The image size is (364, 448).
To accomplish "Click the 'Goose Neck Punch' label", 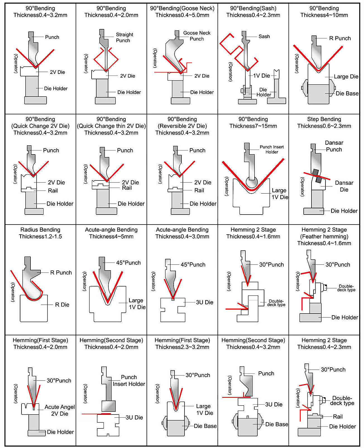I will click(197, 36).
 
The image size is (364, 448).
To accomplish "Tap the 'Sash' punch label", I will click(264, 37).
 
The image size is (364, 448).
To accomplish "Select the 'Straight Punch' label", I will click(124, 37).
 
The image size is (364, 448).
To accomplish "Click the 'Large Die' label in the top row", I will click(346, 77).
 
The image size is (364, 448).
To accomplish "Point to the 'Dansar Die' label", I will click(344, 186).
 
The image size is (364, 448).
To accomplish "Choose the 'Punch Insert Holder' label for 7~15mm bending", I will click(272, 149).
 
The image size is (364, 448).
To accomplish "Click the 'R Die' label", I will click(62, 305).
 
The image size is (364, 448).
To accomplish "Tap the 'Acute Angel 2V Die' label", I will click(59, 410).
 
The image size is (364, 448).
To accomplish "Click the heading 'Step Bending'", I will click(324, 119).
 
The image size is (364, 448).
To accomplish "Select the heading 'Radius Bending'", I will click(40, 230).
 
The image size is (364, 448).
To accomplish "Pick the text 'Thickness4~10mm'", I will click(324, 15).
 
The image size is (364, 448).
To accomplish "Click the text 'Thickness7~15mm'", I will click(253, 126).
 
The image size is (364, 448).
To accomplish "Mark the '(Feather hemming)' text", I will click(324, 237).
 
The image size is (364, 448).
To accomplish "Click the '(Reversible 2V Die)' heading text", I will click(182, 126).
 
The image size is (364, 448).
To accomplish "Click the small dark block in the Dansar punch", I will click(317, 176).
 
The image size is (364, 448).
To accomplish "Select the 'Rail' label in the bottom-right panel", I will click(337, 416).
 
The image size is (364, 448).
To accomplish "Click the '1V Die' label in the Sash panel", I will click(261, 76).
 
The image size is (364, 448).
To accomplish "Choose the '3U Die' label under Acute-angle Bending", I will click(204, 302).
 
